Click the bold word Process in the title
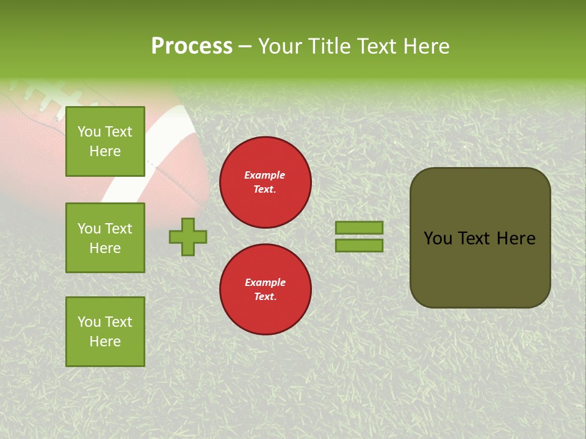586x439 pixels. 192,46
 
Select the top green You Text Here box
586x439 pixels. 105,141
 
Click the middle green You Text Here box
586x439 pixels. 105,238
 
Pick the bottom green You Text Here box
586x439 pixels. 105,332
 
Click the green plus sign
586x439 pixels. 188,237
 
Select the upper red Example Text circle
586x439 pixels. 265,182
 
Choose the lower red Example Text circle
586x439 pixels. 265,290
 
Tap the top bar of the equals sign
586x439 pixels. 359,228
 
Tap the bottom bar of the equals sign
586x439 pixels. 359,245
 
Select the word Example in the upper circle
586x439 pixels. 264,175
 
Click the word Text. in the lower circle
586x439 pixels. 265,297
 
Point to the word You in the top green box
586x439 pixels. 89,132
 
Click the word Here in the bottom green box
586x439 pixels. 105,341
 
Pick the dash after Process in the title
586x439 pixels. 245,46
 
